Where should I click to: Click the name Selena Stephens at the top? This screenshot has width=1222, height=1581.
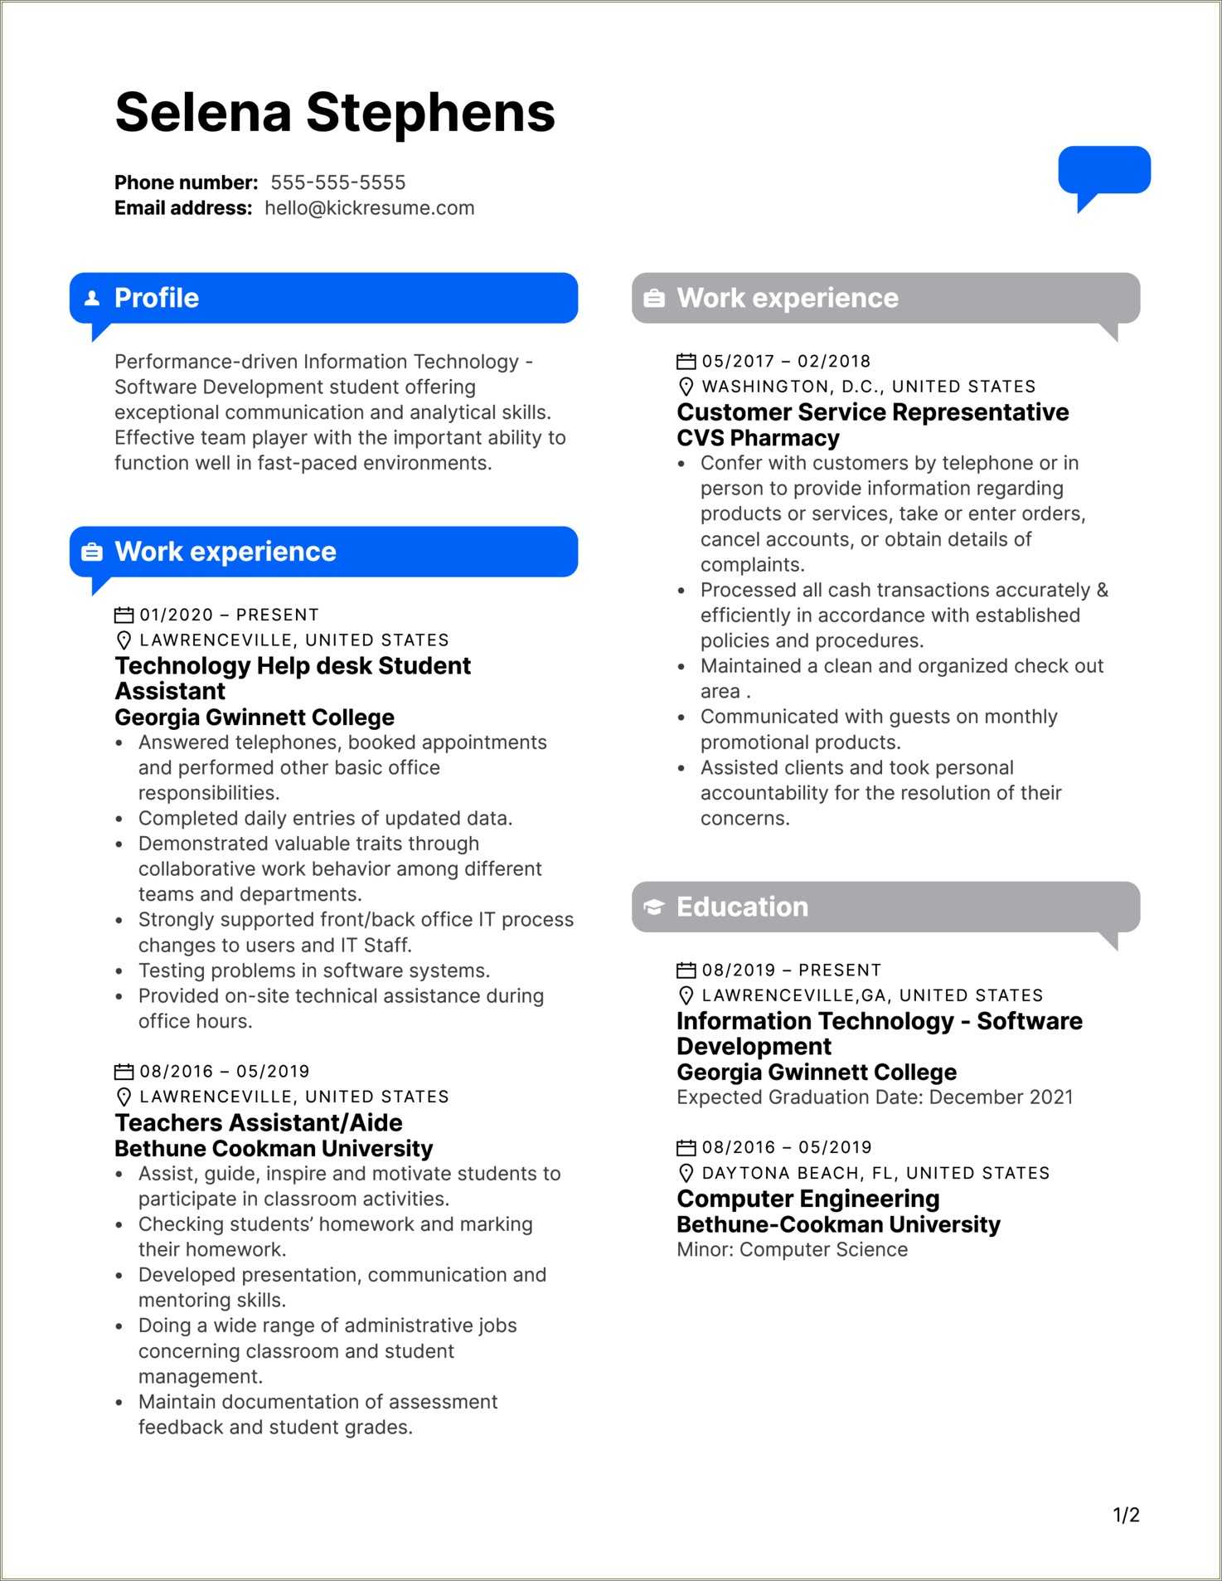(335, 113)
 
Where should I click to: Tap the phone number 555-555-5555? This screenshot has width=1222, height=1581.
(337, 182)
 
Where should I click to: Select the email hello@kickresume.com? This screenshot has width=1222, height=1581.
(369, 208)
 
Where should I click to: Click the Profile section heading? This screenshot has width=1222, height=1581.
(157, 298)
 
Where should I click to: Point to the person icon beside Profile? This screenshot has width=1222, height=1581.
(92, 298)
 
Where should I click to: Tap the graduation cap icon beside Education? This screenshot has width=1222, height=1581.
(654, 907)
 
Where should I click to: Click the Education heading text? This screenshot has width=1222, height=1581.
(742, 907)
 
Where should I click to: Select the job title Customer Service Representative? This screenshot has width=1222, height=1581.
(872, 412)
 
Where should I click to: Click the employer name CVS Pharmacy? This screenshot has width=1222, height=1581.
(758, 438)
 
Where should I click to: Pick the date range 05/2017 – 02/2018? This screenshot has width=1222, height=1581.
(786, 362)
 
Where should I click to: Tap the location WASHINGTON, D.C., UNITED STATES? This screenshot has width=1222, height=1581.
(868, 387)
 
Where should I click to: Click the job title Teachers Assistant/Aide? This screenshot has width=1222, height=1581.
(259, 1122)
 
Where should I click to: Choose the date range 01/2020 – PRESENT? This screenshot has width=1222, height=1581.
(229, 615)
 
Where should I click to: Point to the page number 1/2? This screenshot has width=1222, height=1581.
(1126, 1515)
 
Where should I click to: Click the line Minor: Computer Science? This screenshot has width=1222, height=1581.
(792, 1250)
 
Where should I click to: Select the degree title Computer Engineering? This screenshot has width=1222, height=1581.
(807, 1199)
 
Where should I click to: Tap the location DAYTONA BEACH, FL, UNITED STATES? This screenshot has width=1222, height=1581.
(875, 1173)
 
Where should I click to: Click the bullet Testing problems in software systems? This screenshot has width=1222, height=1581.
(314, 970)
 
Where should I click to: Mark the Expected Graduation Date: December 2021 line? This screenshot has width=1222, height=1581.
(875, 1097)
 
